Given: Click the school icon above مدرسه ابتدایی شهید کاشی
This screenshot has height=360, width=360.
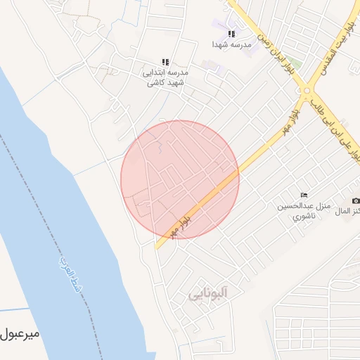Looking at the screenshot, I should point(166,63).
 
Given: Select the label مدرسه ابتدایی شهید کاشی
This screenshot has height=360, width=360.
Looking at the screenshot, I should point(166,77).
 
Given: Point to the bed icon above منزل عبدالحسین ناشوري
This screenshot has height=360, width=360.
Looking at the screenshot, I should point(304,194).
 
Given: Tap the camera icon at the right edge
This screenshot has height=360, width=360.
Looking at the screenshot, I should point(356,201).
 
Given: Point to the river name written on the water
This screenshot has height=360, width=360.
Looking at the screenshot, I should point(65,274).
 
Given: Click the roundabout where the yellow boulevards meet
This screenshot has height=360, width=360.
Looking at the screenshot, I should point(307,91).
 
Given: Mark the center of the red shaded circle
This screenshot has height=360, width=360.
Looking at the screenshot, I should point(180,179).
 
